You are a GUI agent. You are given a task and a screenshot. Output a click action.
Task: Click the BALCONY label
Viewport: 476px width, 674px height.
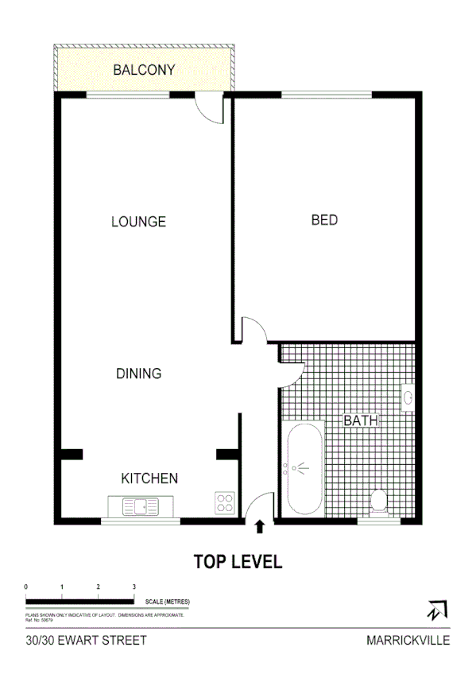(x=144, y=70)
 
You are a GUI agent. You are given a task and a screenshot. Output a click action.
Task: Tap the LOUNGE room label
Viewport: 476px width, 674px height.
(x=138, y=222)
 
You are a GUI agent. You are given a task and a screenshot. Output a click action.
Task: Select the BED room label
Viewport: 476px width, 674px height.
(x=324, y=220)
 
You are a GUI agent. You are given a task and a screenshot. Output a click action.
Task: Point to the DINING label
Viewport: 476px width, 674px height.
(x=138, y=374)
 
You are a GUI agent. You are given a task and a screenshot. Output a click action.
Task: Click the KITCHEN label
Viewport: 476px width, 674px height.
(x=149, y=478)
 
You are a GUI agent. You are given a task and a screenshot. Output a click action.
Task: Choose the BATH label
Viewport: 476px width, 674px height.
(x=361, y=421)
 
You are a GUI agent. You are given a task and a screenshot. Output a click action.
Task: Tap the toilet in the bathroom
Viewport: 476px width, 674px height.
(x=379, y=502)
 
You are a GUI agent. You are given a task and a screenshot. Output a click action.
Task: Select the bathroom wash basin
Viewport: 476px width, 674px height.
(x=408, y=397)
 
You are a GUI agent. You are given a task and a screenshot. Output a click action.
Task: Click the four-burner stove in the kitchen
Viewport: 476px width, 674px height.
(x=225, y=502)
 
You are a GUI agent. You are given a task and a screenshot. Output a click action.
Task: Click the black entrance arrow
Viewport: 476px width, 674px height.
(x=259, y=526)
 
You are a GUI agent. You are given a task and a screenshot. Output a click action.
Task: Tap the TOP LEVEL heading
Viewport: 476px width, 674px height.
(x=238, y=562)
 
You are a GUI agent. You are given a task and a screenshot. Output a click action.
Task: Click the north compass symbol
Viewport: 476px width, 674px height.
(x=435, y=611)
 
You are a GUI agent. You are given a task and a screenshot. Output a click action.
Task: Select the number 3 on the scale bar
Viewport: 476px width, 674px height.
(x=134, y=587)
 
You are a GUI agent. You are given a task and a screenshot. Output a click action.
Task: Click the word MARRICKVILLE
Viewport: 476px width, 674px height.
(x=408, y=639)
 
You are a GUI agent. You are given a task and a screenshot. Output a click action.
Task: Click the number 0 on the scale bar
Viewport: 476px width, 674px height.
(x=27, y=587)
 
